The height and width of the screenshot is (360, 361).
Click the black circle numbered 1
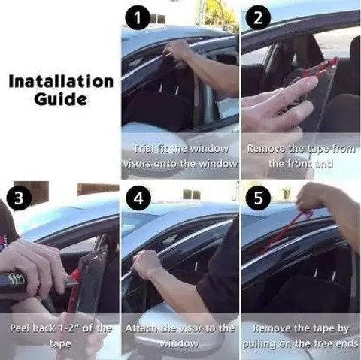138,18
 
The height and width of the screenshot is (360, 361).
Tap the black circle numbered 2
258,18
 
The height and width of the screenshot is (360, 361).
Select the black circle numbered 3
19,198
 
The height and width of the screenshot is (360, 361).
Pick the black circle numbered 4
138,198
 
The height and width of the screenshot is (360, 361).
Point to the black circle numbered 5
258,198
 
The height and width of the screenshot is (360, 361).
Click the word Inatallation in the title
61,81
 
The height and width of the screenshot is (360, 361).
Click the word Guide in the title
61,98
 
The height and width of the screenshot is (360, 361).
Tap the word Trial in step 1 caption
144,149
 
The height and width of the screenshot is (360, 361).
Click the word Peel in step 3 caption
20,328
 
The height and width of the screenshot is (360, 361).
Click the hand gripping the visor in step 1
175,50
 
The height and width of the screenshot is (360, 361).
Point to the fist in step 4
147,262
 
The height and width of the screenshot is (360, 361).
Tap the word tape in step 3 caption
59,343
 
